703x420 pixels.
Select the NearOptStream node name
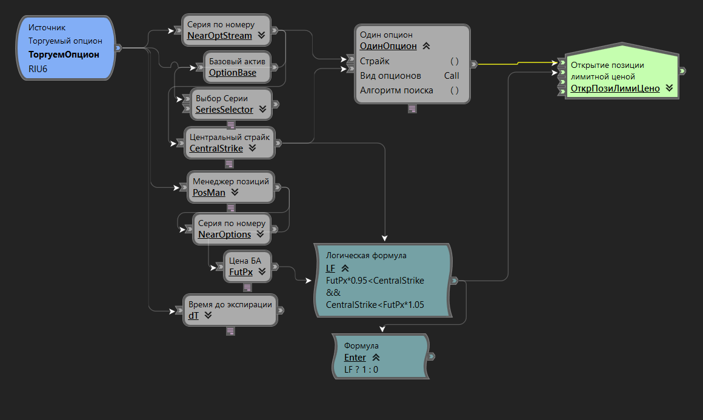coord(219,36)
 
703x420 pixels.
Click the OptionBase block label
coord(232,73)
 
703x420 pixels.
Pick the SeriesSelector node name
coord(224,110)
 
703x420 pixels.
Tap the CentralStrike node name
coord(216,148)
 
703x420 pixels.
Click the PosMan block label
coord(208,193)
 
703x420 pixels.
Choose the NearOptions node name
coord(224,234)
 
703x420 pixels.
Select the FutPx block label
coord(241,272)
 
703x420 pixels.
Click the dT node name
coord(194,315)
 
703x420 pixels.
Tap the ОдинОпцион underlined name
coord(388,45)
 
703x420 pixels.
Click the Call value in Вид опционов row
coord(451,76)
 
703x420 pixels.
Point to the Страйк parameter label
coord(375,61)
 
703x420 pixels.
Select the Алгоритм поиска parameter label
coord(396,90)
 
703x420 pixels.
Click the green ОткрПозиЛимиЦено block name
coord(615,88)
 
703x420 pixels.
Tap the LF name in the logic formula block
coord(330,268)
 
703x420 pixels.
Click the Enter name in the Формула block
coord(355,358)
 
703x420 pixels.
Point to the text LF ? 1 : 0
coord(361,369)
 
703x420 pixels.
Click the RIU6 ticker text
coord(38,68)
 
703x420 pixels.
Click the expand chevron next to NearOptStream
coord(261,36)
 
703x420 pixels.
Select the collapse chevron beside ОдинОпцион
coord(426,45)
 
